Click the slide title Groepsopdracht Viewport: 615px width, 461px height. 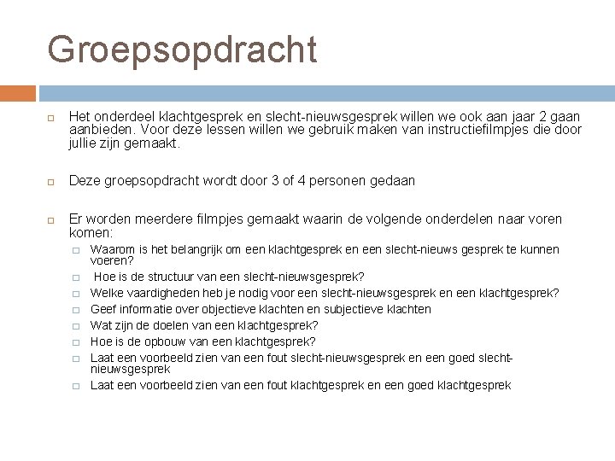coord(182,50)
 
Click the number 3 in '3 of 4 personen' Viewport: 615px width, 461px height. coord(277,181)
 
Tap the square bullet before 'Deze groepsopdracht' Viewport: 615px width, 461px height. coord(51,181)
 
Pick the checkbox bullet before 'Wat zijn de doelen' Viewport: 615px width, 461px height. coord(76,325)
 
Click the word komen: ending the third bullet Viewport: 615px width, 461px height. coord(91,232)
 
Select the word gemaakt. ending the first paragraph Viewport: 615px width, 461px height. coord(150,144)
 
